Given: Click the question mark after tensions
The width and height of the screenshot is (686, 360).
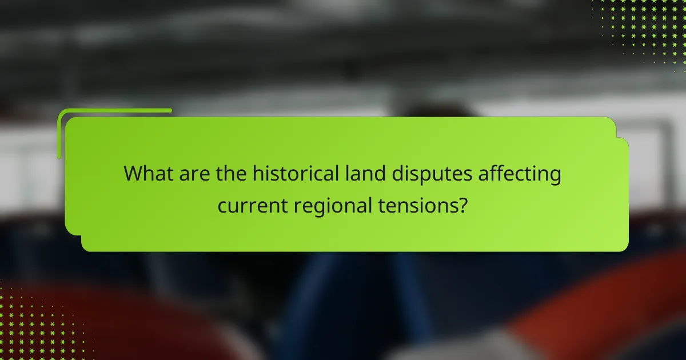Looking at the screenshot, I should (x=462, y=205).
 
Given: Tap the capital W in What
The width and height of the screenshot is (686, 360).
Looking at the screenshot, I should (x=134, y=174).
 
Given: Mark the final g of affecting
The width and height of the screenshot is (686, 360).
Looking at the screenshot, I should (x=554, y=177).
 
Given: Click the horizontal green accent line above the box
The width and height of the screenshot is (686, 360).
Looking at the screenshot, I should (x=114, y=110).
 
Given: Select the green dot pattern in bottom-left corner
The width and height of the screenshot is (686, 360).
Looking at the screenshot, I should (x=34, y=326).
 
